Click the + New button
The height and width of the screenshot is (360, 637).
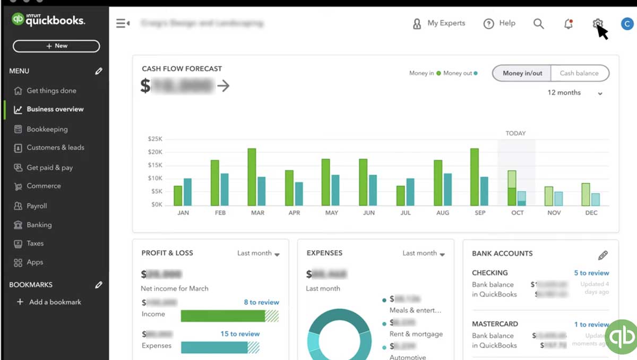(56, 46)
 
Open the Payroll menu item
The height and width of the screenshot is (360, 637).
(37, 206)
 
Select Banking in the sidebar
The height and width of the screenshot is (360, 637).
(39, 225)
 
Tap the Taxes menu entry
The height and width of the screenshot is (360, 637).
(35, 243)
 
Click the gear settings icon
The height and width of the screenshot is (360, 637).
(598, 23)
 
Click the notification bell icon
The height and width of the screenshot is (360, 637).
(569, 23)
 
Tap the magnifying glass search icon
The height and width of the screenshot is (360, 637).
(538, 23)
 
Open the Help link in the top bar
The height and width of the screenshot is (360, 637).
(500, 23)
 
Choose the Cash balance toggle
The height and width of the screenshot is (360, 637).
(579, 73)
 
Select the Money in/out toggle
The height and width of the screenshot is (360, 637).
(522, 73)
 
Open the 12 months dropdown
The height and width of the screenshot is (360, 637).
(575, 93)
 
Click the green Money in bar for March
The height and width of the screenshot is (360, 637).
(252, 177)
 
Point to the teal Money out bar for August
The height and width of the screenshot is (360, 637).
(448, 190)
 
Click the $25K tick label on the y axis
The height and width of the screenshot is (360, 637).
(155, 139)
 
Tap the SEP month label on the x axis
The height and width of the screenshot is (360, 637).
(480, 213)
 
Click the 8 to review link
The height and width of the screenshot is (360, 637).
(261, 302)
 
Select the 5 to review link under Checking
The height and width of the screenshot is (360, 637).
(591, 273)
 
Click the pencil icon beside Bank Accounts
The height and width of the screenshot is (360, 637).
(603, 255)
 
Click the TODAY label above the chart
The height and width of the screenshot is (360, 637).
(515, 133)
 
